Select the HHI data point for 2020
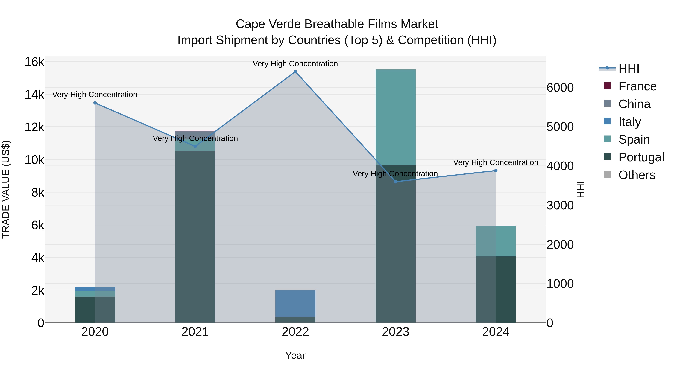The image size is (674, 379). point(95,103)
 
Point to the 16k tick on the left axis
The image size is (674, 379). point(34,62)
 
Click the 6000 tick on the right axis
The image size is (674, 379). point(560,88)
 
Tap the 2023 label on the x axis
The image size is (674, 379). point(395,332)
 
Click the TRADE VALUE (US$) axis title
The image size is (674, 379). point(6,189)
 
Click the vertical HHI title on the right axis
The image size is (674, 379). point(581,189)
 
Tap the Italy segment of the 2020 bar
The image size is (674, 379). point(95,289)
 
